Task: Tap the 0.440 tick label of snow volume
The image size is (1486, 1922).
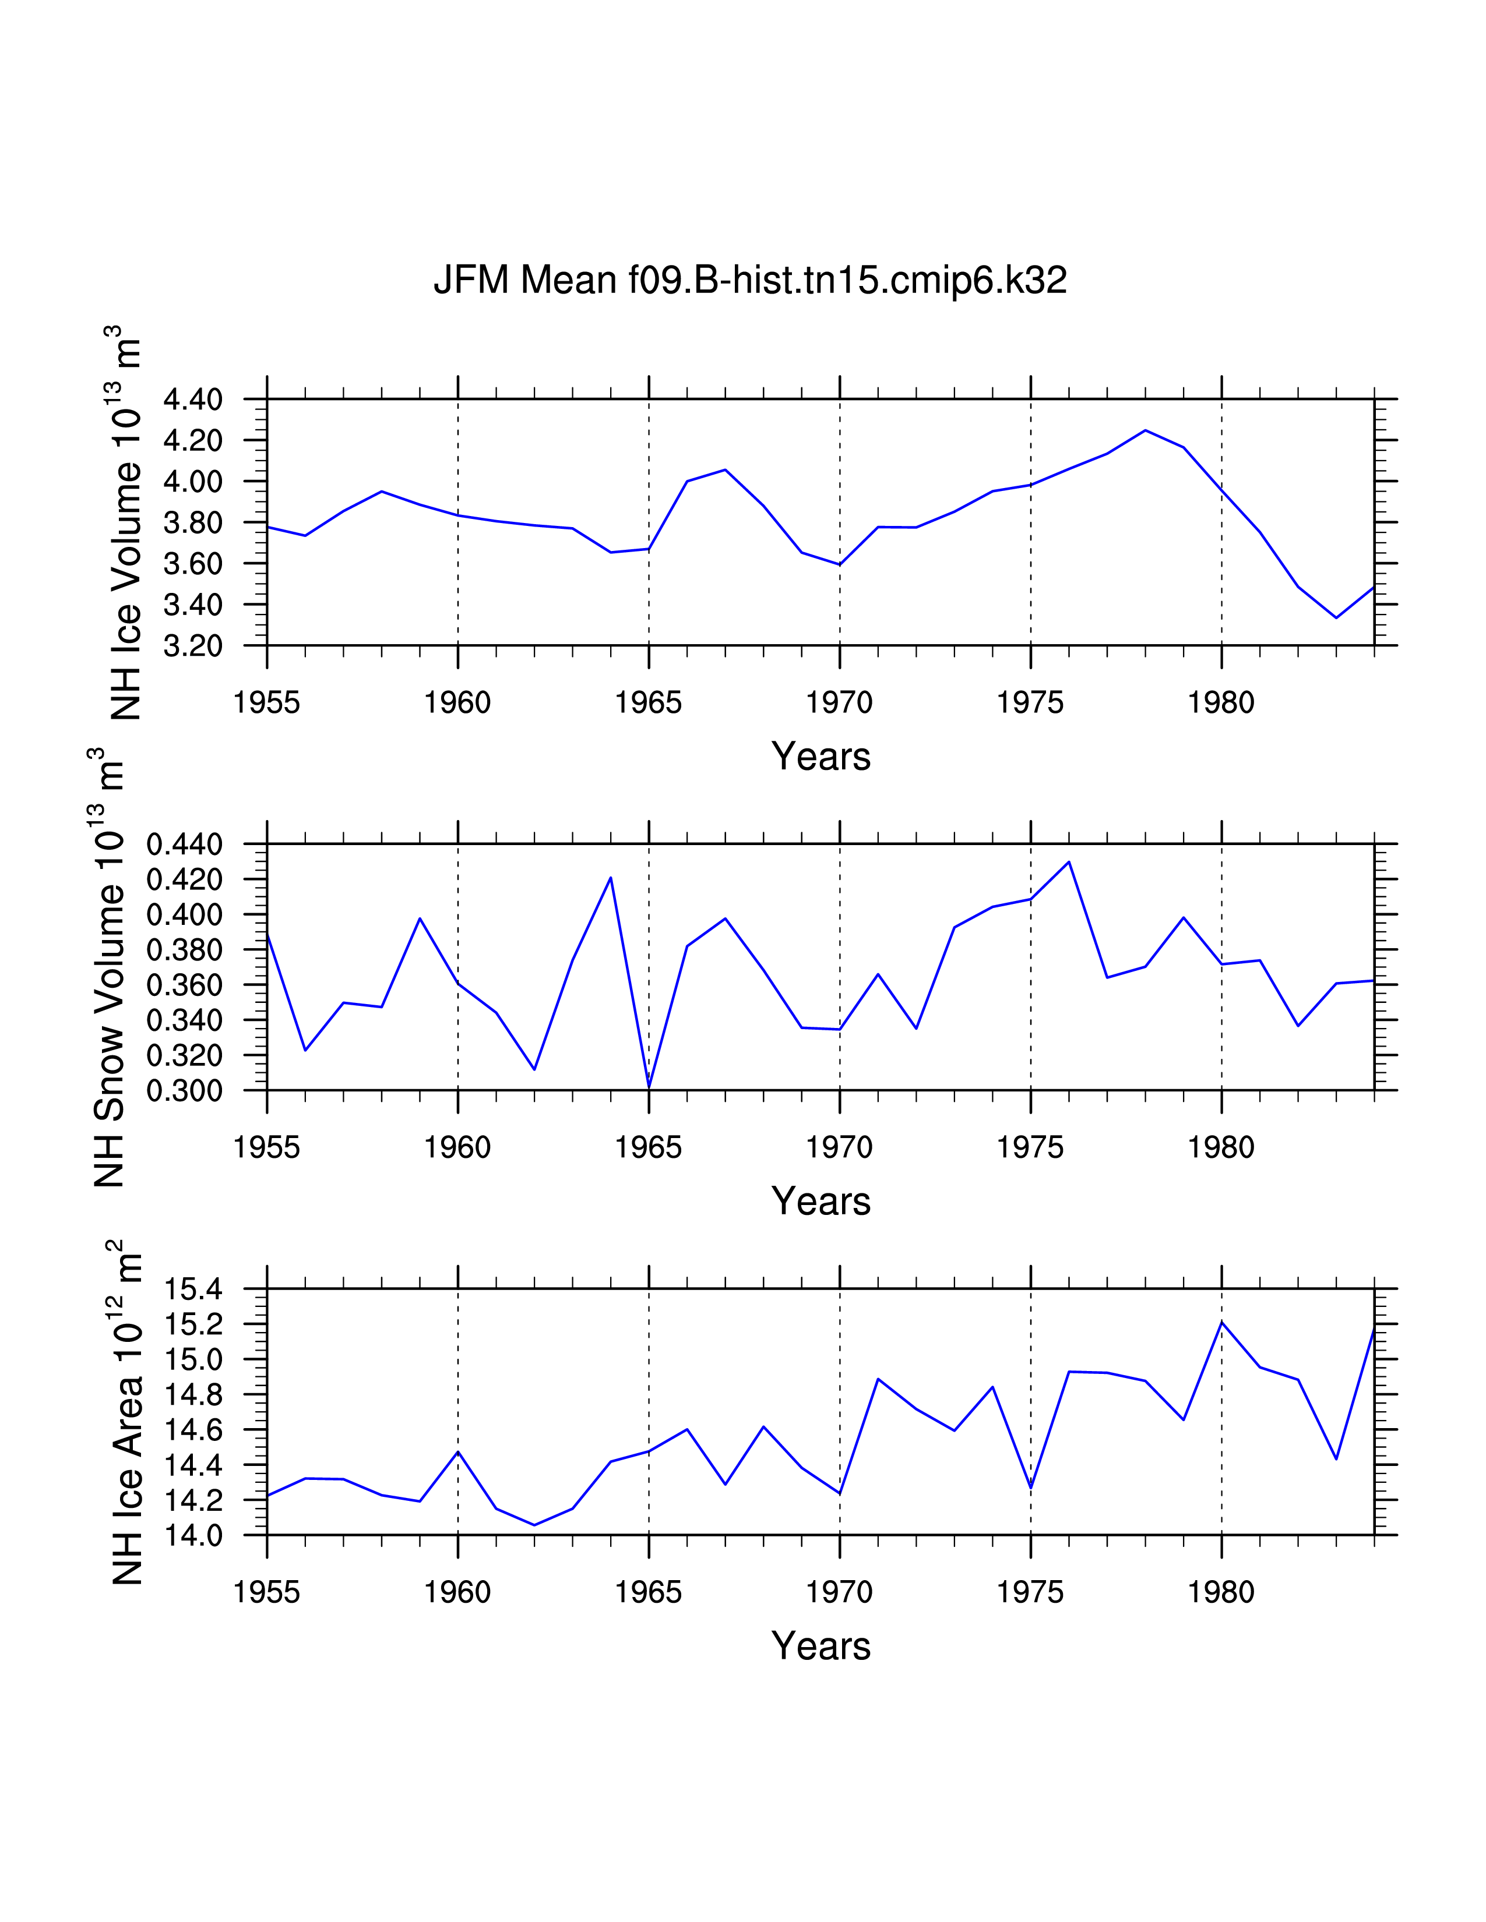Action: (184, 845)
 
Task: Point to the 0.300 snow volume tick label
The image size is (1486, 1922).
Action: (184, 1091)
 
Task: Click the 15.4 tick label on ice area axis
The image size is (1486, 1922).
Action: (193, 1290)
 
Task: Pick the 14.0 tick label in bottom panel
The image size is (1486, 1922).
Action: (193, 1536)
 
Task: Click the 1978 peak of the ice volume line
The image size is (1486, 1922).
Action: (1145, 430)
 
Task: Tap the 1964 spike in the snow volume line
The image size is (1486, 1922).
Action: (611, 877)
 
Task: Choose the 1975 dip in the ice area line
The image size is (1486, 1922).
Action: (1031, 1488)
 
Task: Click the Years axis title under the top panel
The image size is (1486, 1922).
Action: (821, 757)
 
